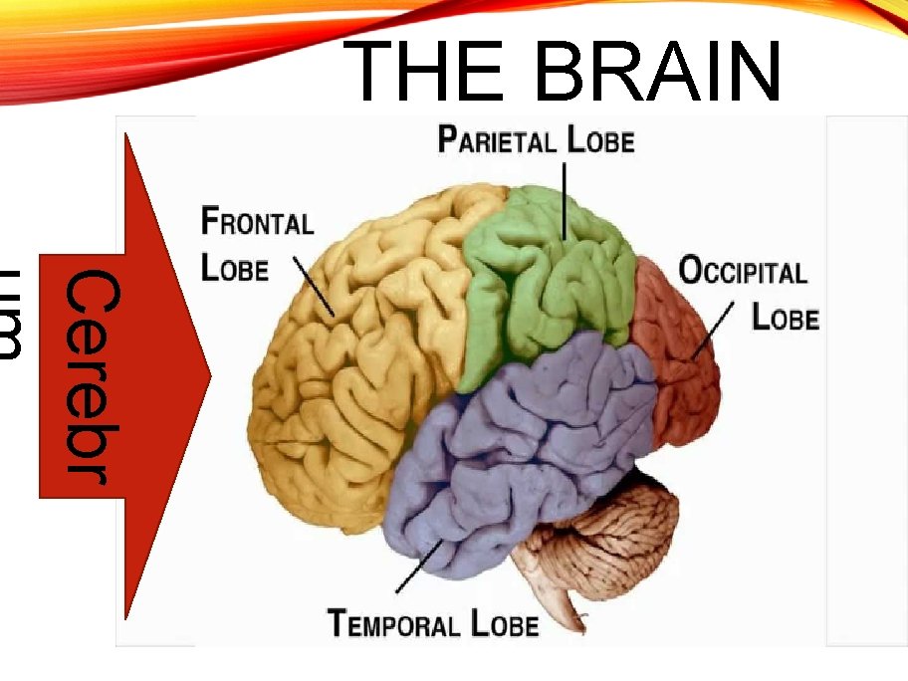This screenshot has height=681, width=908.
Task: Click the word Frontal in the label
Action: (257, 221)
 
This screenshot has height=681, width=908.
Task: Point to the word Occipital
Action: (743, 271)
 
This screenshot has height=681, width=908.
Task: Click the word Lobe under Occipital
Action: (785, 318)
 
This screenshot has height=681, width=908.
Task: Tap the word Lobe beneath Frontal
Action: (235, 268)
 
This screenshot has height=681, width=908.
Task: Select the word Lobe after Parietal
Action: (600, 140)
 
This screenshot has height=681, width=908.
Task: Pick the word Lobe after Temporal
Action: (505, 624)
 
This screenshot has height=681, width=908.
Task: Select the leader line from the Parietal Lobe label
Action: (564, 199)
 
